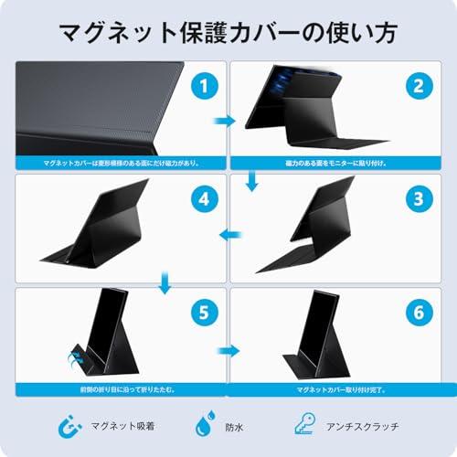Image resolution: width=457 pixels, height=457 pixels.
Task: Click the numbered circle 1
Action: coord(204,88)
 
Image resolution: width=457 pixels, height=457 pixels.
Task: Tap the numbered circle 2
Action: coord(419,88)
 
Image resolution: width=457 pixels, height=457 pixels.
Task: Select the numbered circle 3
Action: coord(419,197)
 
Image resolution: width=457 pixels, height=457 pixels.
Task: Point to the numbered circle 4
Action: coord(204,197)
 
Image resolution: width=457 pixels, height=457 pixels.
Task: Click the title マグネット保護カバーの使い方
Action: coord(228,35)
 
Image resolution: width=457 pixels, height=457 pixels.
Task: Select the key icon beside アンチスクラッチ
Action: coord(303,423)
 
